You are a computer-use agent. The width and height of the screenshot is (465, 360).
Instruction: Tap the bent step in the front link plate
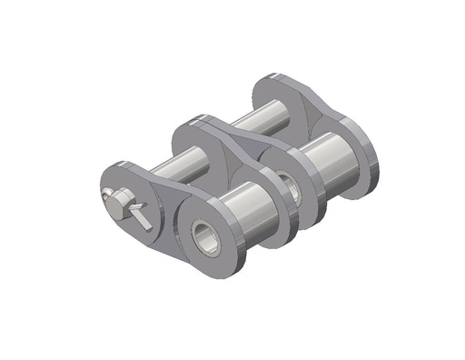tap(163, 214)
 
